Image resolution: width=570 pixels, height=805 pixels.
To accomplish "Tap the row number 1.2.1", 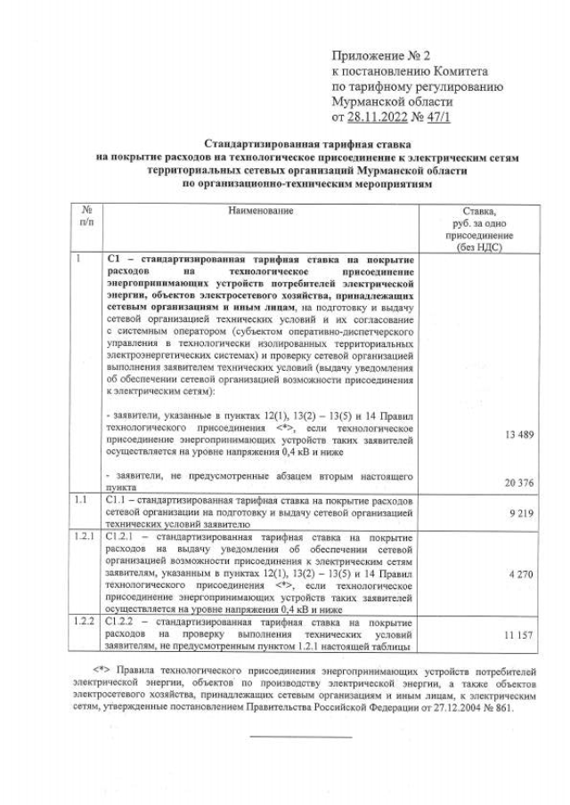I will click(x=85, y=537).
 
